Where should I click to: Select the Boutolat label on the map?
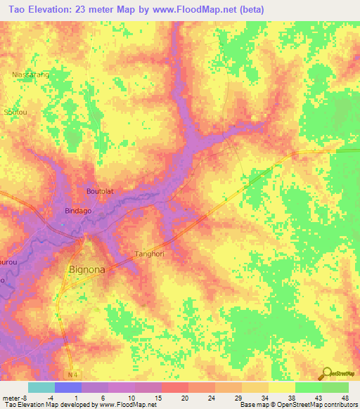coord(99,191)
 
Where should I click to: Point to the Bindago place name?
coord(78,211)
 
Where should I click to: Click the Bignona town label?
coord(87,268)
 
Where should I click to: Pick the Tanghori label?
coord(148,254)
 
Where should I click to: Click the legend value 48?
coord(344,397)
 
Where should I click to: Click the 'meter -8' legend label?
coord(15,397)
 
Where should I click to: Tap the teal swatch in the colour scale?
coord(41,387)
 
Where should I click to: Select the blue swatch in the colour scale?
coord(67,387)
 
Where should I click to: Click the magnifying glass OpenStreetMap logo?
coord(327,374)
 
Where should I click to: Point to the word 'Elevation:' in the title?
coord(59,9)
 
